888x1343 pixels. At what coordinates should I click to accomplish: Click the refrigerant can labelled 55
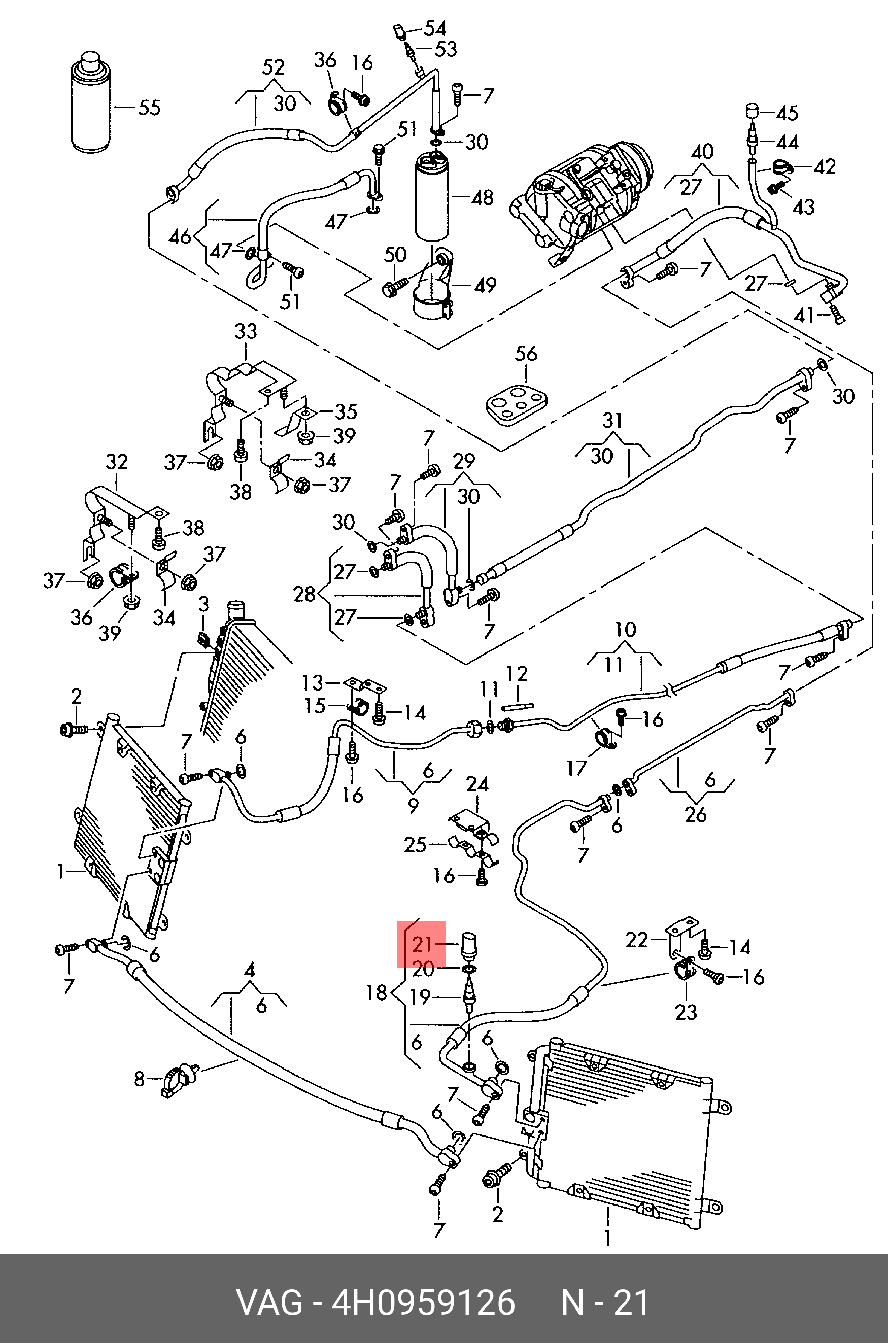(x=91, y=105)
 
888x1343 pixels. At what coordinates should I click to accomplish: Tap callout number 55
(x=150, y=108)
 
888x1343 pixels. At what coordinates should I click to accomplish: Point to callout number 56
(x=526, y=354)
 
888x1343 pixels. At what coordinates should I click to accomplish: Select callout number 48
(x=482, y=198)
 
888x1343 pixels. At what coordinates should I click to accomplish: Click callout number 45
(x=787, y=113)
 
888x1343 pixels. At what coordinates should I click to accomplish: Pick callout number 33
(x=245, y=331)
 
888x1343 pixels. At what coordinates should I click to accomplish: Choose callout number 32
(x=117, y=462)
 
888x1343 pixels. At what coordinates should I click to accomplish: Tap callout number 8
(x=140, y=1079)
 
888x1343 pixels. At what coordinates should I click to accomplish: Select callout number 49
(x=485, y=285)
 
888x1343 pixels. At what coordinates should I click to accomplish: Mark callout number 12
(x=517, y=674)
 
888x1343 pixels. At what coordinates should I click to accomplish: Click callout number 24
(x=477, y=785)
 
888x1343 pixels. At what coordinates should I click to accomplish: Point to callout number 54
(x=435, y=28)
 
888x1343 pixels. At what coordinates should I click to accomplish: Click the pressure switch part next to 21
(x=470, y=944)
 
